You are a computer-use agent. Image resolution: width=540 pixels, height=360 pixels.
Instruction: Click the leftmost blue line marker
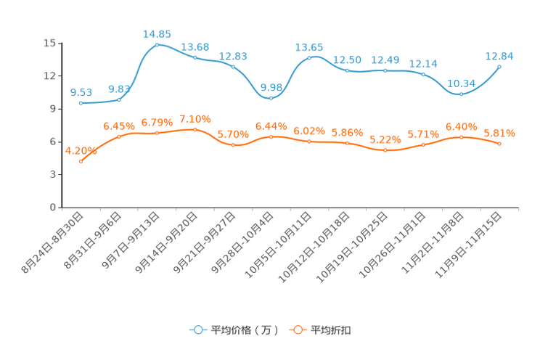(81, 104)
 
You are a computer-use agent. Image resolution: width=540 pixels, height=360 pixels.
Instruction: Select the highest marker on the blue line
(157, 44)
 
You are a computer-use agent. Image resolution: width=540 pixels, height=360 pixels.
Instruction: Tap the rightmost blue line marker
(499, 66)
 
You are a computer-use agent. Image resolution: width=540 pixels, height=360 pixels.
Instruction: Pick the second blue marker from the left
(119, 99)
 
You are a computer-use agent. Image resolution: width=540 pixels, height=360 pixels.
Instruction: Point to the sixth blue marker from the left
(271, 98)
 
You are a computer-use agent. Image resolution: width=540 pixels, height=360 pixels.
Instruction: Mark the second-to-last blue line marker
(461, 94)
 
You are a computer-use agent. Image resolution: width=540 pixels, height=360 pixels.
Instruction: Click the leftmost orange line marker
(81, 161)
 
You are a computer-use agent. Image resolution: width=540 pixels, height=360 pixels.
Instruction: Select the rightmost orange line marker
(499, 144)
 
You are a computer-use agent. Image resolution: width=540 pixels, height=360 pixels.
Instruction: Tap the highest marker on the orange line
(195, 129)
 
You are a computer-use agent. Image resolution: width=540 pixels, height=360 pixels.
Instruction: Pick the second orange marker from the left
(119, 136)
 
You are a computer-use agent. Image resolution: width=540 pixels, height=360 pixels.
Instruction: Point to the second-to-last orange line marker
(461, 136)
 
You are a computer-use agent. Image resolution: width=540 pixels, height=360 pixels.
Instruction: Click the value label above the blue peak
(157, 33)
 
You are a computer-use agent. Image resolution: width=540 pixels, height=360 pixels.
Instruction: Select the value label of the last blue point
(499, 55)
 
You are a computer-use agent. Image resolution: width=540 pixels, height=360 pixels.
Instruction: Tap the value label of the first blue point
(81, 93)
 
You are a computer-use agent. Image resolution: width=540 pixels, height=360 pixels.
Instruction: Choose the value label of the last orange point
(499, 133)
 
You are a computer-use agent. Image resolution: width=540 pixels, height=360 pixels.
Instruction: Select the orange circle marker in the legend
(297, 330)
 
